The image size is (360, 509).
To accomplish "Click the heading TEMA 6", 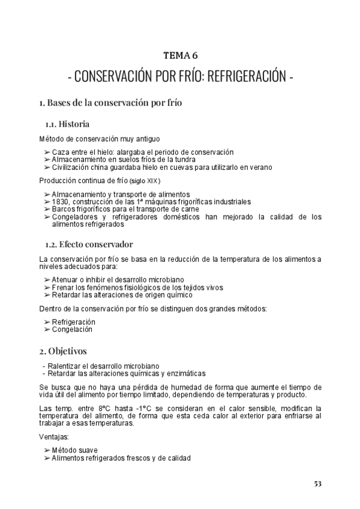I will (181, 56).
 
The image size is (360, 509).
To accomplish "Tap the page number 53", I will (318, 483).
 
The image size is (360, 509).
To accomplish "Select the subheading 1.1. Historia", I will (68, 124).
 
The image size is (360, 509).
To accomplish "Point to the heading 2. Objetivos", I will (63, 349).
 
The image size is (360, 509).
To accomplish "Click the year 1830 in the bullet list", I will (61, 202).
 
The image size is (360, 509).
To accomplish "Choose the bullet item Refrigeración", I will (74, 322).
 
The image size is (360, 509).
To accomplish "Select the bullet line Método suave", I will (75, 450).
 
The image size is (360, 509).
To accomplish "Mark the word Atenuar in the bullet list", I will (65, 280).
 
